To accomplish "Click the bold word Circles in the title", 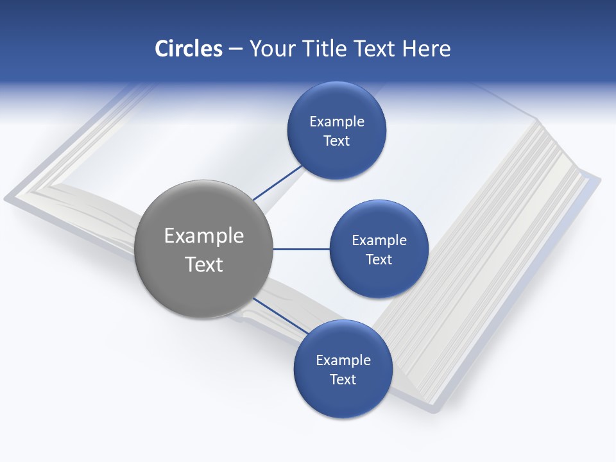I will [188, 49].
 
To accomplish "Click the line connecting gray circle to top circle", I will [277, 183].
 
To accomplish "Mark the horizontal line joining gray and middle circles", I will [301, 249].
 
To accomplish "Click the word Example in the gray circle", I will [203, 236].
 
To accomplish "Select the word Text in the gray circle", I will [203, 264].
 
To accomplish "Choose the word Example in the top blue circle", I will [336, 122].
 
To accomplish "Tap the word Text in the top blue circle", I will [336, 141].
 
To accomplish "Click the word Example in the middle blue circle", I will [379, 241].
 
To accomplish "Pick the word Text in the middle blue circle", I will [379, 260].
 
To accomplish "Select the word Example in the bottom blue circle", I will [343, 361].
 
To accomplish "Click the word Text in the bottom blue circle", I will [343, 380].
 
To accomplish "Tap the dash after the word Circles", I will [235, 49].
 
